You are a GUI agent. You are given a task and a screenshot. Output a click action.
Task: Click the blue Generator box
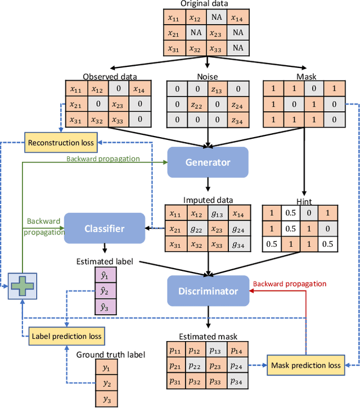click(x=208, y=162)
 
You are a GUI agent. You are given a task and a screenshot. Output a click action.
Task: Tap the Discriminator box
click(x=208, y=291)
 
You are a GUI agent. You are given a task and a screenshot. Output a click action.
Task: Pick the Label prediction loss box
click(x=67, y=336)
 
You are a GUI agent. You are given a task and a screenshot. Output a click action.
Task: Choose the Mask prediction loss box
click(x=306, y=365)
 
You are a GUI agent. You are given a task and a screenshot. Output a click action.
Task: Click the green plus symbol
click(x=21, y=287)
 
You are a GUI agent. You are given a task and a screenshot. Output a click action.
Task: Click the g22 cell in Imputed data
click(x=196, y=229)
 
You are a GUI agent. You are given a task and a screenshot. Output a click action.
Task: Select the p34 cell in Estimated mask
click(x=237, y=382)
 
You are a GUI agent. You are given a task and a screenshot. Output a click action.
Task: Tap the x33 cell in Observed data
click(x=117, y=119)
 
